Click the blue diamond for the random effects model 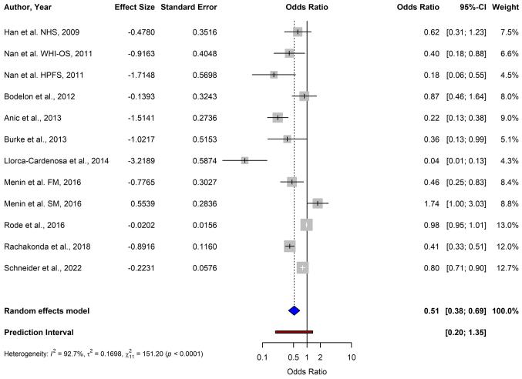click(x=294, y=310)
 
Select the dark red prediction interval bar click(x=294, y=332)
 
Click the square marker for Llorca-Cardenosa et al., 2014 click(x=244, y=160)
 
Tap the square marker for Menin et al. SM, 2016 click(x=318, y=203)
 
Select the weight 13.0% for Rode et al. click(x=506, y=225)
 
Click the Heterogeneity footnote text click(x=103, y=354)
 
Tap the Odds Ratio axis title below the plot click(x=307, y=371)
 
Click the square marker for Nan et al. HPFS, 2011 click(x=274, y=74)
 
